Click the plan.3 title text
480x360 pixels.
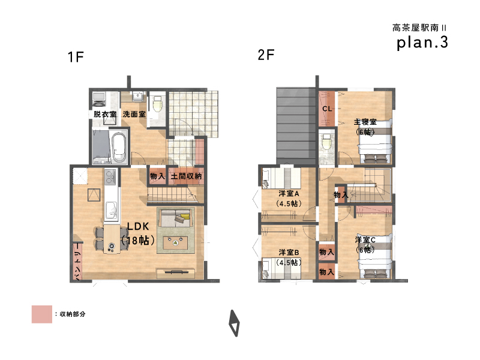[422, 43]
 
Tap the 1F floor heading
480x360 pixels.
[76, 57]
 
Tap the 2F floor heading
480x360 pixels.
[266, 55]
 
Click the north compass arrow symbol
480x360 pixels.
[235, 323]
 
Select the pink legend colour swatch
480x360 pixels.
[42, 314]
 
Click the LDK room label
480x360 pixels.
[138, 226]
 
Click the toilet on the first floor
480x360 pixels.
[157, 104]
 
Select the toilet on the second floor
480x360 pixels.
[327, 142]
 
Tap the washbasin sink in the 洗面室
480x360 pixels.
[138, 97]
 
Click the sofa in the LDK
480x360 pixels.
[176, 218]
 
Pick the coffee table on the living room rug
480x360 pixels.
[175, 243]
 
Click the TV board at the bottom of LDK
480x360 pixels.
[176, 273]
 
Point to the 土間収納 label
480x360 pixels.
[186, 176]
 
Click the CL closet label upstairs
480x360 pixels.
[327, 109]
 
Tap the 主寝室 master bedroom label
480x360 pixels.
[365, 122]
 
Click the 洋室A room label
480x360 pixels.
[289, 194]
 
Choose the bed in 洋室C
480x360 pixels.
[375, 257]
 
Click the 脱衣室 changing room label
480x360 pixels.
[105, 114]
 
